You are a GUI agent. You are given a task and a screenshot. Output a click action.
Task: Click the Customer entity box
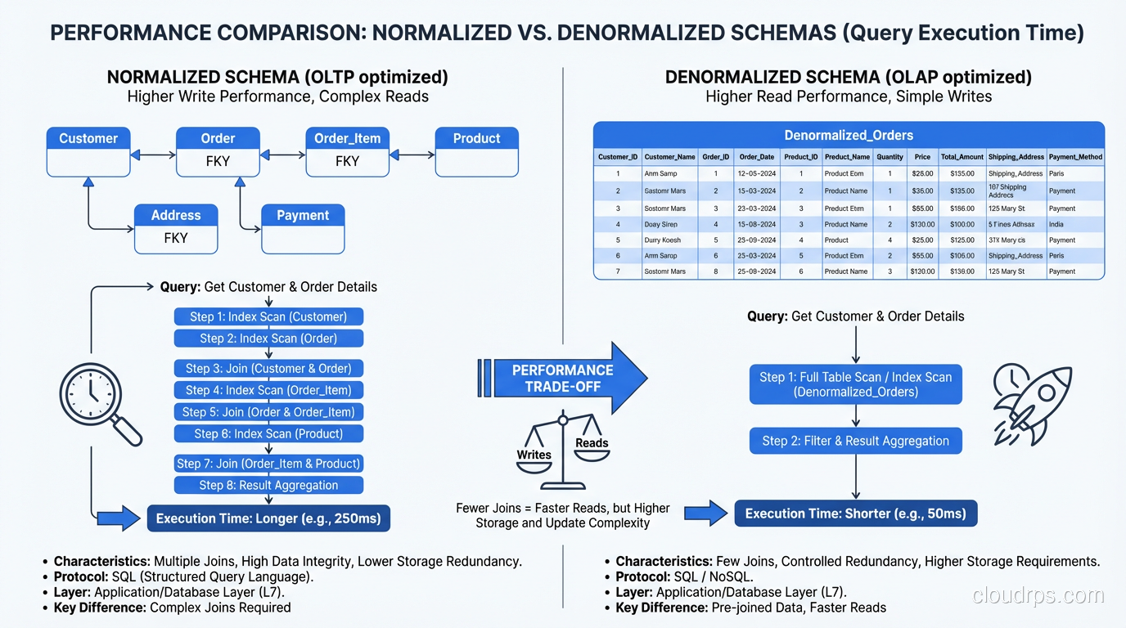pos(88,151)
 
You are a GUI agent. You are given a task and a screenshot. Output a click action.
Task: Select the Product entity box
pos(476,151)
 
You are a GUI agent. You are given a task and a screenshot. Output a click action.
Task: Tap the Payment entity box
pos(303,228)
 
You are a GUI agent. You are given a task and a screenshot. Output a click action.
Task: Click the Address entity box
pos(176,228)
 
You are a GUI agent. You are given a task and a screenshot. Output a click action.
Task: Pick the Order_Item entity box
pos(347,151)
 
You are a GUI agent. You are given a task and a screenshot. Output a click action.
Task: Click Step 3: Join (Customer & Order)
pos(268,368)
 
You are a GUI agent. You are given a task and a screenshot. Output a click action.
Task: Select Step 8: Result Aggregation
pos(268,485)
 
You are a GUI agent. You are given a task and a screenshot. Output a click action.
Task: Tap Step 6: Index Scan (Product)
pos(268,433)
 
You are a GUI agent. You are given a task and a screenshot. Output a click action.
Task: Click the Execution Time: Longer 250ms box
pos(268,518)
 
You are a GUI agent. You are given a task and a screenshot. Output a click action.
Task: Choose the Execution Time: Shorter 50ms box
pos(855,514)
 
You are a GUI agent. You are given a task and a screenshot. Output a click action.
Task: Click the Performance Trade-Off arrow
pos(565,378)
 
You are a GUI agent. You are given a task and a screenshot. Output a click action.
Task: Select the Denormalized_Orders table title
pos(849,135)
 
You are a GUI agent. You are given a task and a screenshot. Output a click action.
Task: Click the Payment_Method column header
pos(1075,157)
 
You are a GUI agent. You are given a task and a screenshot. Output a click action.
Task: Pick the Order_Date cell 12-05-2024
pos(757,173)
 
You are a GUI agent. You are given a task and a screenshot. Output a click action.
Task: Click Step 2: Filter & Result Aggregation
pos(855,441)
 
